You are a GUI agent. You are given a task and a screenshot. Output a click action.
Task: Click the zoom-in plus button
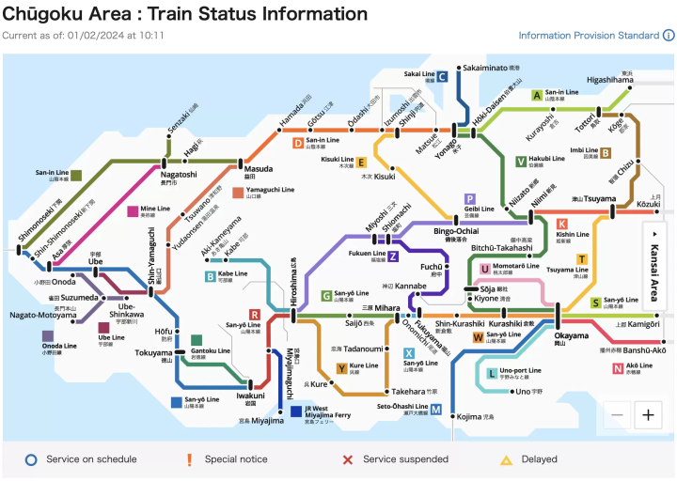pyautogui.click(x=648, y=414)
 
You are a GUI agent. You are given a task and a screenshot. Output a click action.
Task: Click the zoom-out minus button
pyautogui.click(x=617, y=414)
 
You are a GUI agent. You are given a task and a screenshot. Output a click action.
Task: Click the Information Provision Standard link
pyautogui.click(x=589, y=36)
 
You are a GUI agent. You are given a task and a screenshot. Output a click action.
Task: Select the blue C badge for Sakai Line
pyautogui.click(x=441, y=77)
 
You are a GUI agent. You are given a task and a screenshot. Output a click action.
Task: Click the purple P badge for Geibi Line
pyautogui.click(x=469, y=199)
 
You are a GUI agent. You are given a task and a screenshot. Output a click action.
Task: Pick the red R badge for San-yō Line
pyautogui.click(x=254, y=315)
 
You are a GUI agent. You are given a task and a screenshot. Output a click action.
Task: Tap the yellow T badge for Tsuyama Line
pyautogui.click(x=582, y=258)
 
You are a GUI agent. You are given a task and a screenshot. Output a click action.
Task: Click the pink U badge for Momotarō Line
pyautogui.click(x=485, y=269)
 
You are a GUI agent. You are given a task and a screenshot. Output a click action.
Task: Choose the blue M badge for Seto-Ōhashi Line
pyautogui.click(x=436, y=409)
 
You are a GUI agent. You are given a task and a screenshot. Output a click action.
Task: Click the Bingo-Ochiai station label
pyautogui.click(x=456, y=232)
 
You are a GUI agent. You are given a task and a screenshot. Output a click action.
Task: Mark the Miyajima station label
pyautogui.click(x=260, y=420)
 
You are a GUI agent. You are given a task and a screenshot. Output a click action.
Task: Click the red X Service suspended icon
pyautogui.click(x=347, y=459)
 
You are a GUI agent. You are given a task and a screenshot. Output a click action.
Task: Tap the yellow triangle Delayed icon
pyautogui.click(x=505, y=459)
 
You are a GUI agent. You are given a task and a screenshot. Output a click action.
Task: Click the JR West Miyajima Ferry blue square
pyautogui.click(x=296, y=411)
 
